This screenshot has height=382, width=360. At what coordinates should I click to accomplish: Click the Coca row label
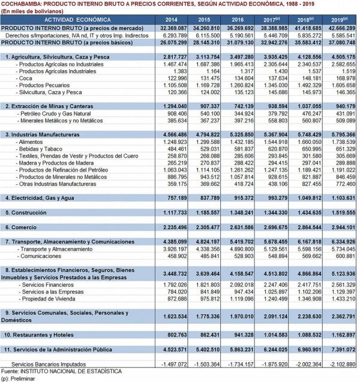point(27,79)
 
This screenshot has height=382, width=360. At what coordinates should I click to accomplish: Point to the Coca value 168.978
point(342,79)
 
